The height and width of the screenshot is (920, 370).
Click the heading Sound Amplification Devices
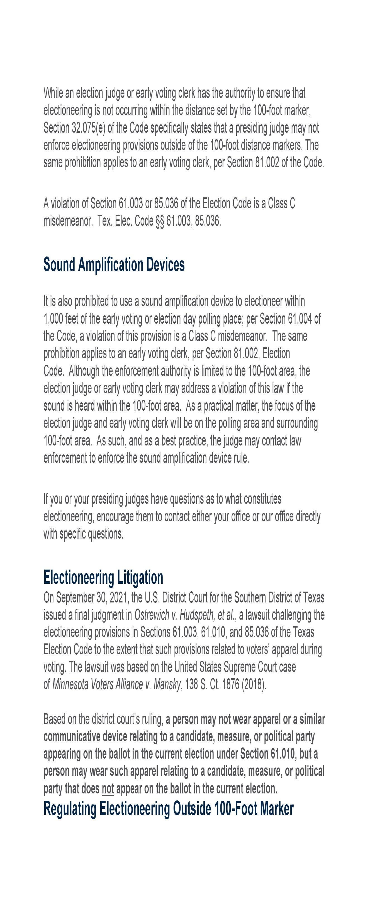coord(114,265)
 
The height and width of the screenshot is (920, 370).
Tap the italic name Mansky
coord(167,684)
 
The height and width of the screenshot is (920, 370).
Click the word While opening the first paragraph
coord(53,93)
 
